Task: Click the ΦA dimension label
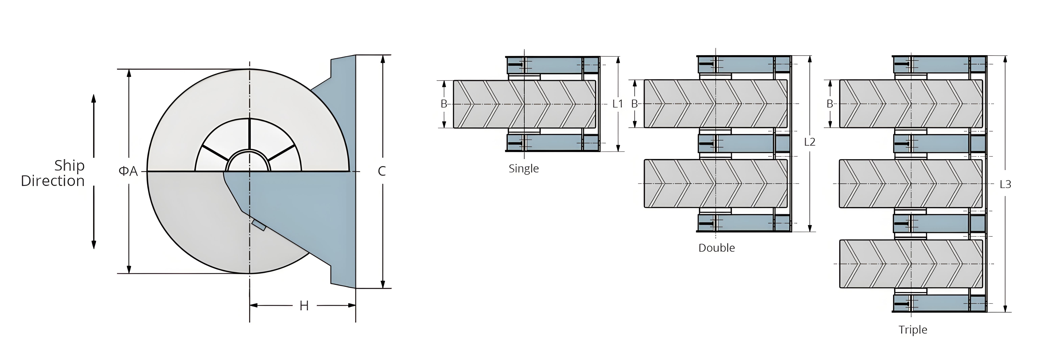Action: (x=128, y=172)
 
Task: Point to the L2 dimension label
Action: (x=809, y=142)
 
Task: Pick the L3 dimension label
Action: (x=1005, y=184)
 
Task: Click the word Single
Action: (x=524, y=169)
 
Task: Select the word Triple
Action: (x=913, y=330)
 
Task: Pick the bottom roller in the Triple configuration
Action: (x=911, y=264)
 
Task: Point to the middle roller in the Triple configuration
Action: (x=911, y=184)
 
